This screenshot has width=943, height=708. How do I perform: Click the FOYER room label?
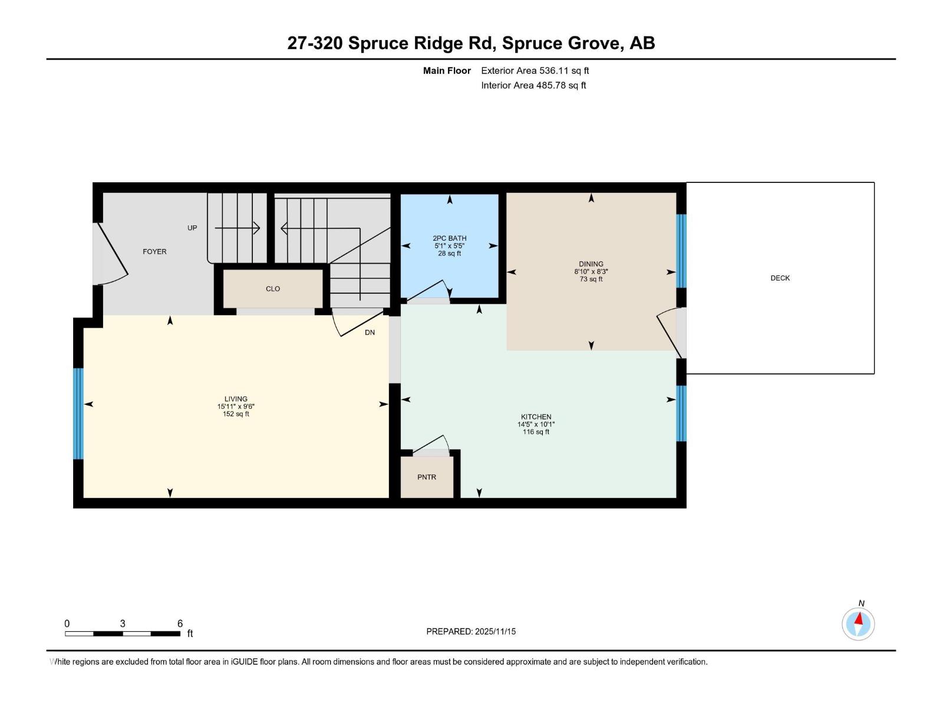click(154, 251)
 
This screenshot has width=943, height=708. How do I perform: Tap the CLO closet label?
click(273, 289)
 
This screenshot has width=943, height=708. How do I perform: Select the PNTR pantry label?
click(427, 477)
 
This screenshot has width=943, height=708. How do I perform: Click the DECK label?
click(780, 278)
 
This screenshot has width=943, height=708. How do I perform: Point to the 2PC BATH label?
click(449, 238)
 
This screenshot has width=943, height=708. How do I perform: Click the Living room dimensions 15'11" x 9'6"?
click(236, 407)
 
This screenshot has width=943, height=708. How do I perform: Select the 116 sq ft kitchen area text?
click(536, 432)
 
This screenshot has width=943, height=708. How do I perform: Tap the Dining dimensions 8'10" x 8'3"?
click(591, 272)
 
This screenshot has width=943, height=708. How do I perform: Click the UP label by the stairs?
click(192, 228)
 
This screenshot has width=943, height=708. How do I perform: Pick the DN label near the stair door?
click(370, 333)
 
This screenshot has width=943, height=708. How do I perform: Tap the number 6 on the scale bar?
click(180, 624)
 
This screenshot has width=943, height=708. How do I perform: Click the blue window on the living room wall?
click(78, 413)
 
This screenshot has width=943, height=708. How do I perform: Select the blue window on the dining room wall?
click(681, 251)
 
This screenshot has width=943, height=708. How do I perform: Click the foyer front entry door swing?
click(112, 254)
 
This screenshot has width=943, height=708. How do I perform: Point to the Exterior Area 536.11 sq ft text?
click(535, 71)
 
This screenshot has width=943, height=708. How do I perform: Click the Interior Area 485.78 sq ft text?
click(533, 86)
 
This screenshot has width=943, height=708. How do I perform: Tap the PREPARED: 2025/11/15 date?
click(471, 631)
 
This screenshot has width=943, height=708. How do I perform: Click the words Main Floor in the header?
click(447, 71)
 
